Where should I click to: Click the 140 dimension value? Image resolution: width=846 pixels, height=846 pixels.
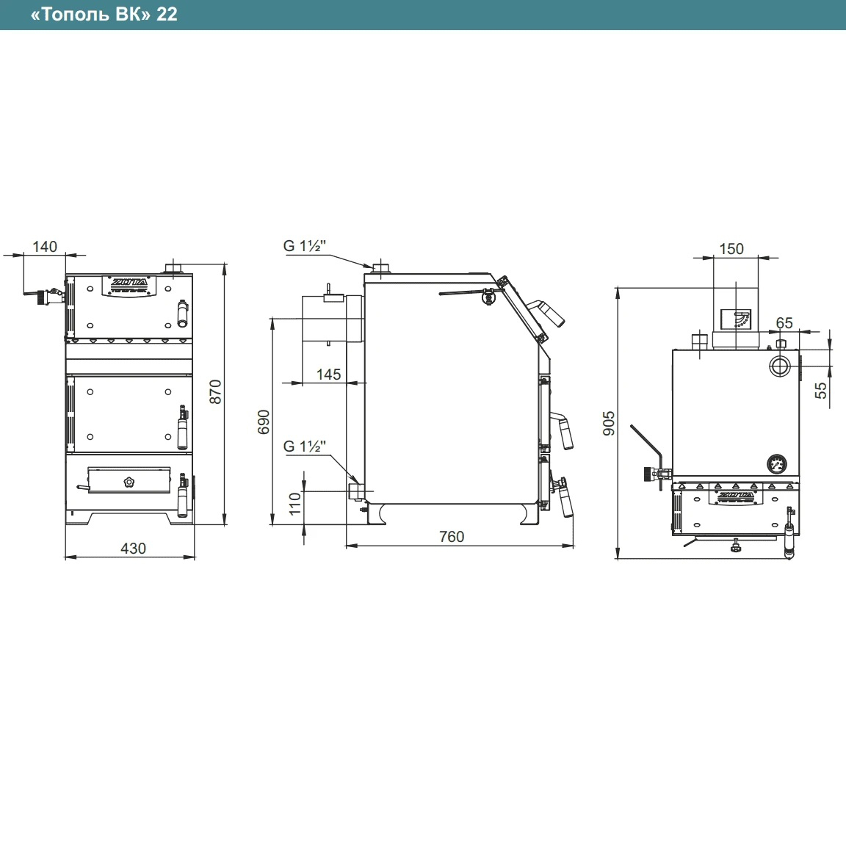(45, 247)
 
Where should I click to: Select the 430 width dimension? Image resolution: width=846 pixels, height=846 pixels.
(133, 548)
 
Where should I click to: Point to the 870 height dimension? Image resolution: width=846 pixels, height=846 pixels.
(215, 391)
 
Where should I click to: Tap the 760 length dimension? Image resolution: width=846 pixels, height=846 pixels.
(452, 536)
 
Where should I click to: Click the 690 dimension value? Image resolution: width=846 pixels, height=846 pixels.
(264, 422)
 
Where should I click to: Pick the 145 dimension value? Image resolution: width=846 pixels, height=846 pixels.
(328, 374)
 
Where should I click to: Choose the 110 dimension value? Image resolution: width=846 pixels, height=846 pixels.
(294, 504)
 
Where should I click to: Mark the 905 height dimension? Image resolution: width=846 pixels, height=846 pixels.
(609, 423)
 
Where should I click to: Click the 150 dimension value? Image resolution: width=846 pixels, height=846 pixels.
(731, 249)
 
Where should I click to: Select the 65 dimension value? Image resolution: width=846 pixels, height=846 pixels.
(784, 322)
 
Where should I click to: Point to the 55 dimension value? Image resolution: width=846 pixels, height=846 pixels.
(820, 390)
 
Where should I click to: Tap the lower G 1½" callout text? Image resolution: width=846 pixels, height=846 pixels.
(304, 446)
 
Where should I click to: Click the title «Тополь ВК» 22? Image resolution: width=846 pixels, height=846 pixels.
(104, 14)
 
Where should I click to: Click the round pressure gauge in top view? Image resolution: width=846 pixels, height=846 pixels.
(776, 463)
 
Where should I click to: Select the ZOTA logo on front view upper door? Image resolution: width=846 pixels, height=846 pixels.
(129, 283)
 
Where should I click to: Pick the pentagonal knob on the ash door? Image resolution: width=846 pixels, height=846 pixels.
(129, 481)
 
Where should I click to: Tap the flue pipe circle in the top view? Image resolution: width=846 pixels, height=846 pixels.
(779, 366)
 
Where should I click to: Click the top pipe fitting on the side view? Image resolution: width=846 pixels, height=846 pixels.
(381, 267)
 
